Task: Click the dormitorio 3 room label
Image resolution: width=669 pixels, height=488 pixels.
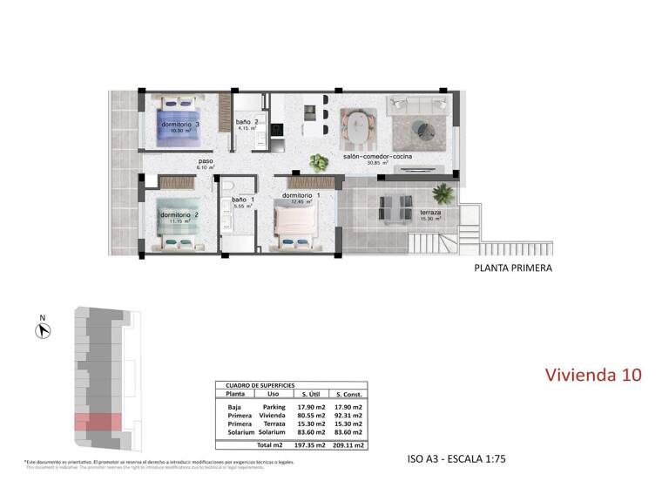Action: (180, 125)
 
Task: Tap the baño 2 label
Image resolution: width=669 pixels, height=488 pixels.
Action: (247, 123)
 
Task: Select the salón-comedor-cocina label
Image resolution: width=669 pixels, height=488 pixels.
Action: (376, 157)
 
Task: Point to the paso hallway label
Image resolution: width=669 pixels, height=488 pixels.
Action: (206, 161)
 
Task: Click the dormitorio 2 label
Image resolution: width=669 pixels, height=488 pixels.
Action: (180, 214)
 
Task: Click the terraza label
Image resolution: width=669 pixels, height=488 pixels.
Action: (430, 213)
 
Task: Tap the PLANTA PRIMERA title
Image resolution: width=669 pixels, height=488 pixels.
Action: (513, 268)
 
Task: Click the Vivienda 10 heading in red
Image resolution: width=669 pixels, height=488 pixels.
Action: (593, 375)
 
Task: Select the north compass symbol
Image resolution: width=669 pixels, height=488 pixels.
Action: (40, 330)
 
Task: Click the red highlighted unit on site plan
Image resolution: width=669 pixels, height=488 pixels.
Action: (98, 422)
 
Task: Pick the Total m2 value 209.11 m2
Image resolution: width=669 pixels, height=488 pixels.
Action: (348, 444)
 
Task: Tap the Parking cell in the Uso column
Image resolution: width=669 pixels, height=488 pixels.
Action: (274, 406)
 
